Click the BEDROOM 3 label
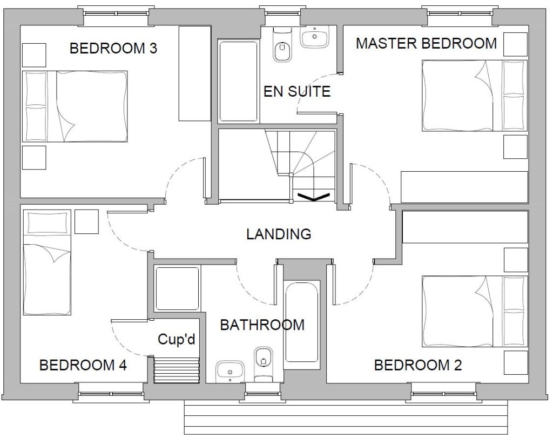113,49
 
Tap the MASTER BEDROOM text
426,43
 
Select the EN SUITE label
296,91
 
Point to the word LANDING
278,234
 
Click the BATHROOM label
262,325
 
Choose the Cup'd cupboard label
176,339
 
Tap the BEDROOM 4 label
83,366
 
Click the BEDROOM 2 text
418,366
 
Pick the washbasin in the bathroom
230,372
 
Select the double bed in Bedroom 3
75,106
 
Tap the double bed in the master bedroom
474,95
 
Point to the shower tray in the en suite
238,81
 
